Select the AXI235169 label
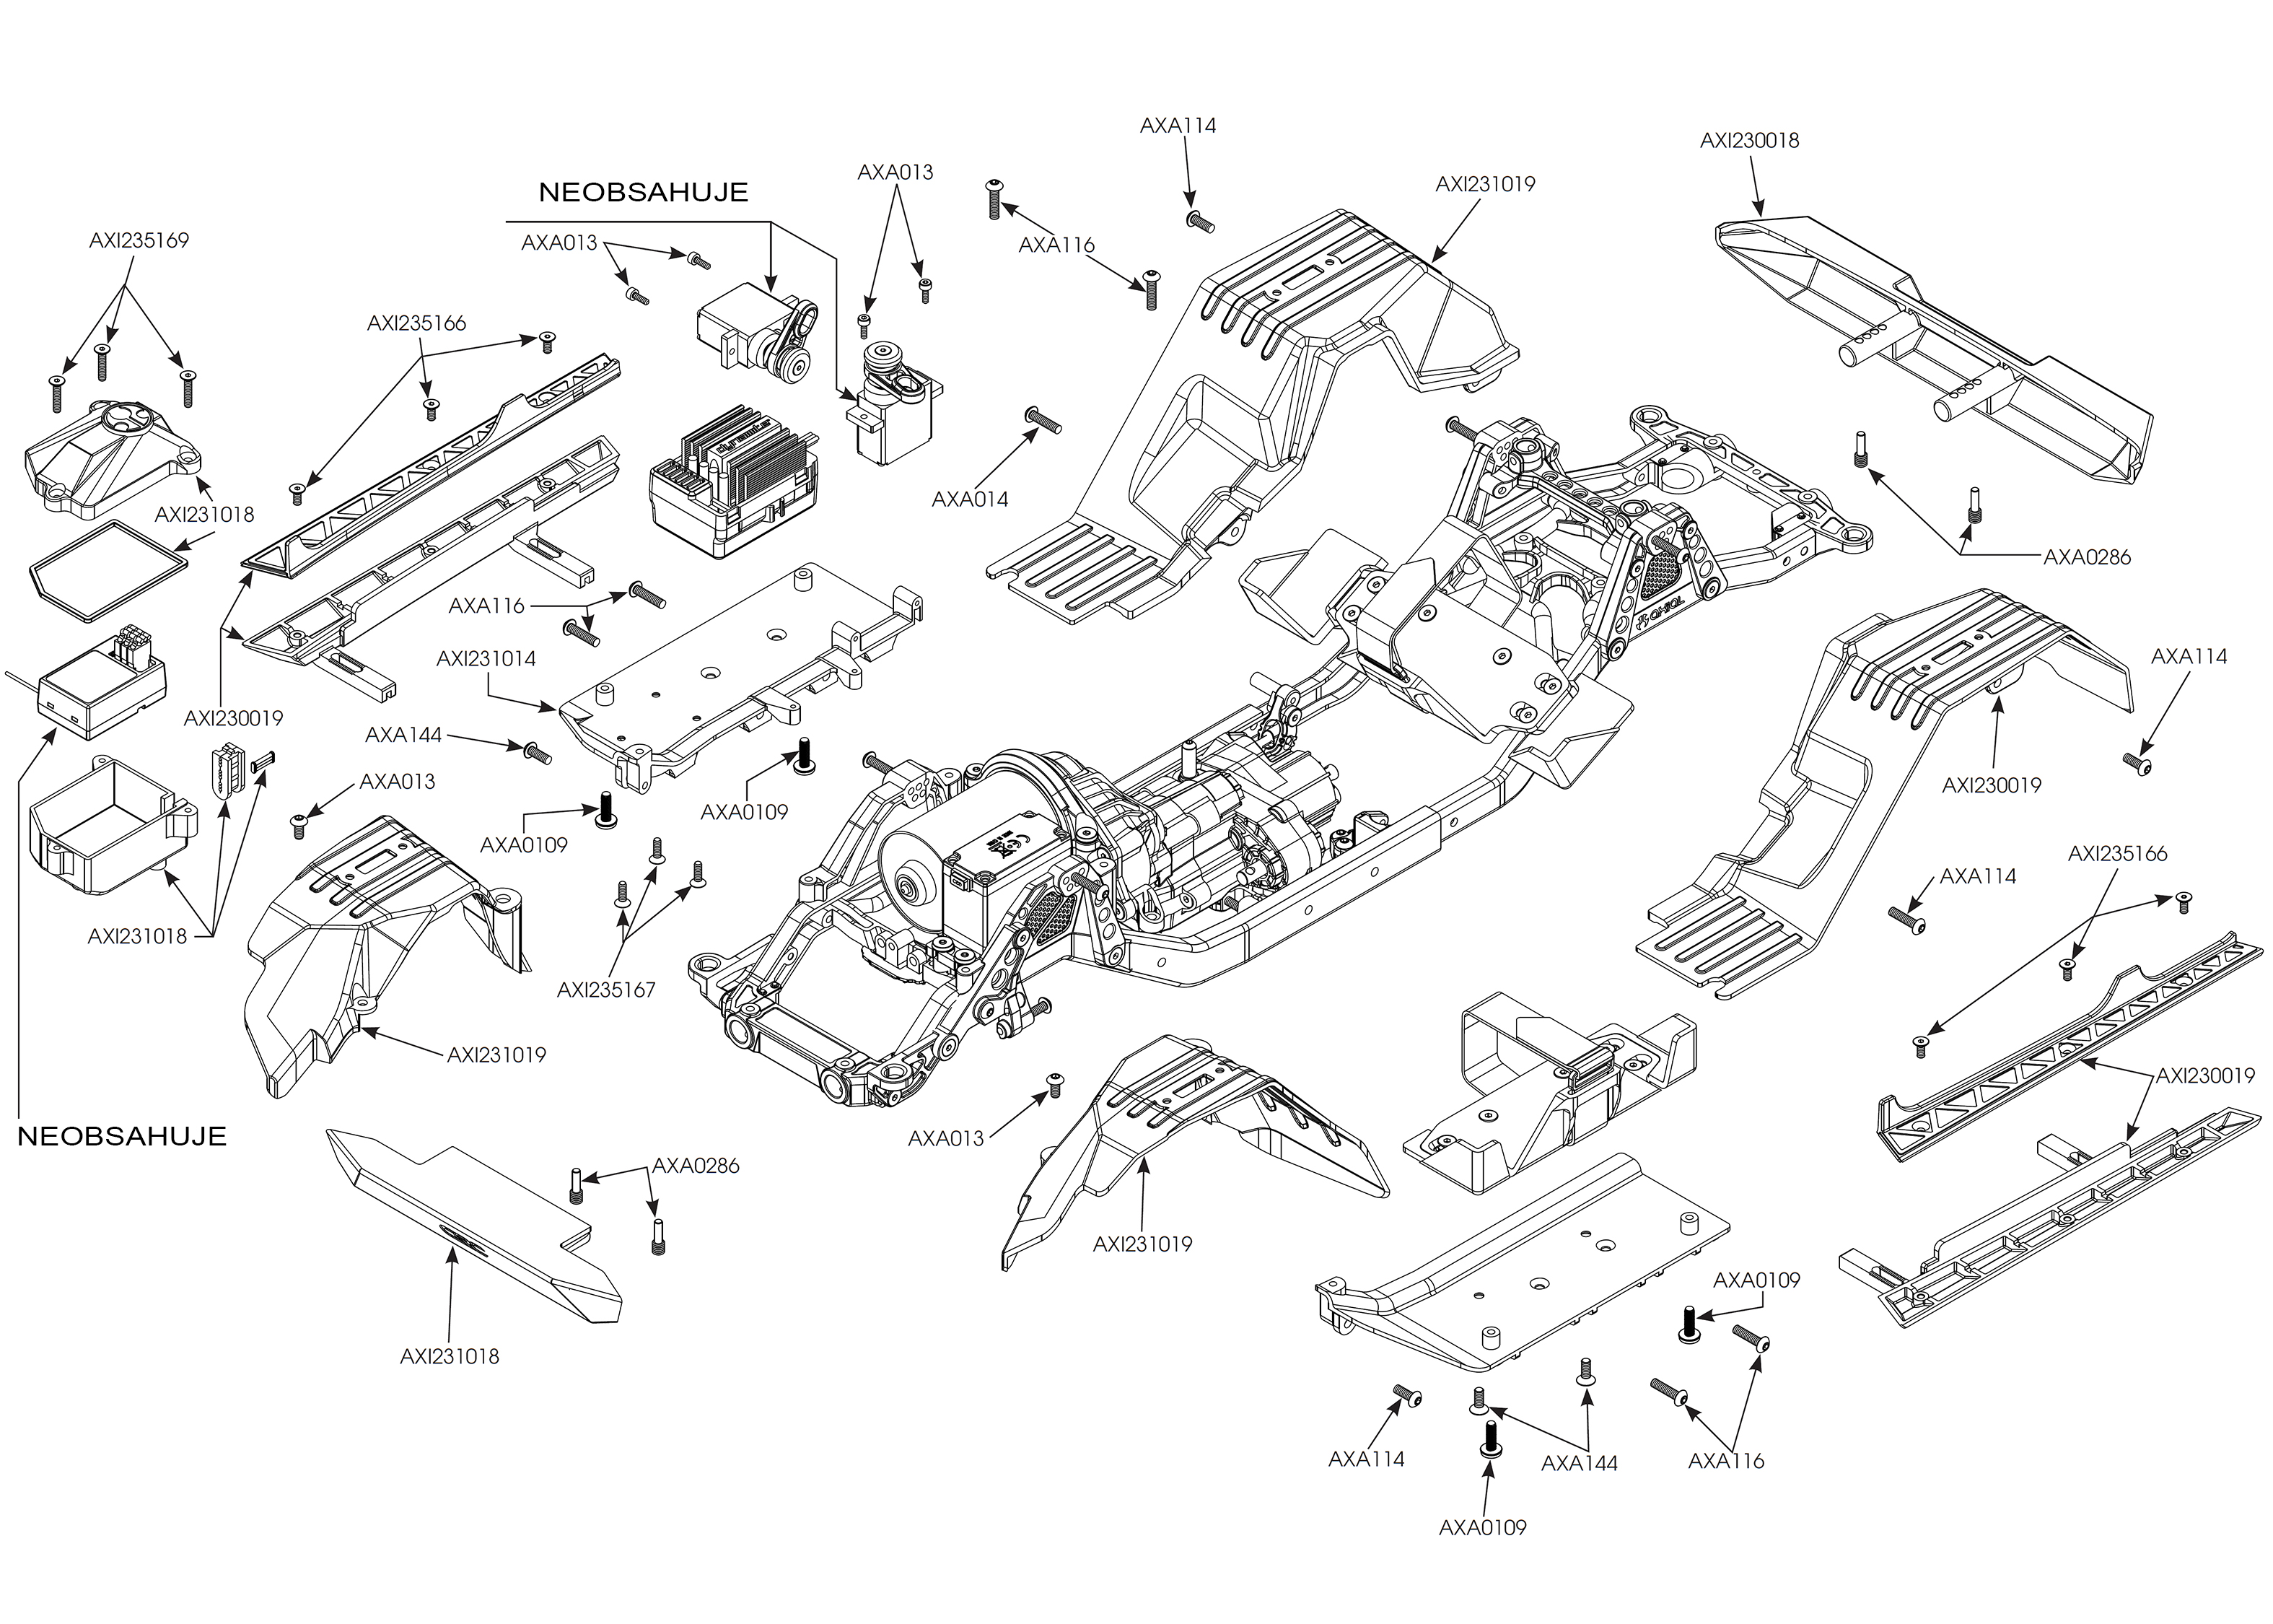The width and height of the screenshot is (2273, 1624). [x=139, y=241]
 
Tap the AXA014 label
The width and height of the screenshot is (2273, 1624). [x=970, y=499]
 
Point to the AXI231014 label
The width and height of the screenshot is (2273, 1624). [x=486, y=659]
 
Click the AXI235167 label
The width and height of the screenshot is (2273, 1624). [x=605, y=990]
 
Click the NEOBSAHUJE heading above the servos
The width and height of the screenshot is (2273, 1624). [x=643, y=193]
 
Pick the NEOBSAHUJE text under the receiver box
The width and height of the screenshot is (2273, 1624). [x=122, y=1136]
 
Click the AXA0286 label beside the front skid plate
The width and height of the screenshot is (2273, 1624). [x=696, y=1166]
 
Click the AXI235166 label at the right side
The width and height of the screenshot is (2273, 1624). [x=2117, y=854]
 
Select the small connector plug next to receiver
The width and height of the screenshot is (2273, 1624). [x=227, y=769]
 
